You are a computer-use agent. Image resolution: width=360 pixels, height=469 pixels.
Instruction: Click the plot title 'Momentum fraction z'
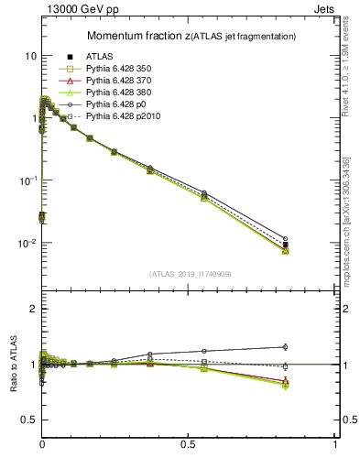138,36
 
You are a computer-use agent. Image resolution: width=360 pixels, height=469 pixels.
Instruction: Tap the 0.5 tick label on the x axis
189,443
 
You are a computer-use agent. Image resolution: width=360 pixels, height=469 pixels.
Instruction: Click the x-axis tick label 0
43,443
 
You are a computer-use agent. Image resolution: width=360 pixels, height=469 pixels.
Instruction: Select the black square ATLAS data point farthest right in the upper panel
286,245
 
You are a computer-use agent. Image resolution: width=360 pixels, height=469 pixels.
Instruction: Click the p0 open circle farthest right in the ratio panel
286,346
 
